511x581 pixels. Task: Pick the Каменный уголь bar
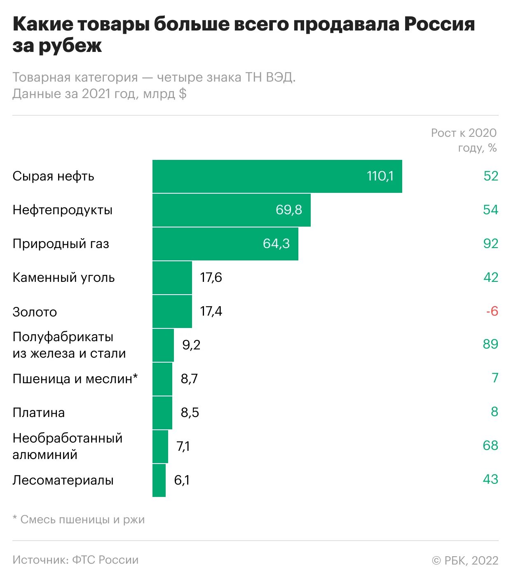coord(172,278)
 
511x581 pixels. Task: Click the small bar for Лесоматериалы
coord(159,480)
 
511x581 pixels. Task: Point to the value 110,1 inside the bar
coord(380,176)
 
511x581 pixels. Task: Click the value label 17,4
coord(211,312)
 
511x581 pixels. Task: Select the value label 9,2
coord(191,345)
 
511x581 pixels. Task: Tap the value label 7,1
coord(183,446)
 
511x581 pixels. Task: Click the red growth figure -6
coord(492,311)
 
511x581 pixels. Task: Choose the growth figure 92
coord(491,244)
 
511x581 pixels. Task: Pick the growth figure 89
coord(490,344)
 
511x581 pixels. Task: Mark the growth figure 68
coord(490,445)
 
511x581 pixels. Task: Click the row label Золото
coord(35,312)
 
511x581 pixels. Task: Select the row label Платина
coord(39,412)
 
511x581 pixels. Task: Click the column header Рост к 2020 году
coord(464,140)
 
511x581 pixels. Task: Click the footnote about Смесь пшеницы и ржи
coord(79,520)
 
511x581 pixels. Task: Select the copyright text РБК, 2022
coord(465,560)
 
